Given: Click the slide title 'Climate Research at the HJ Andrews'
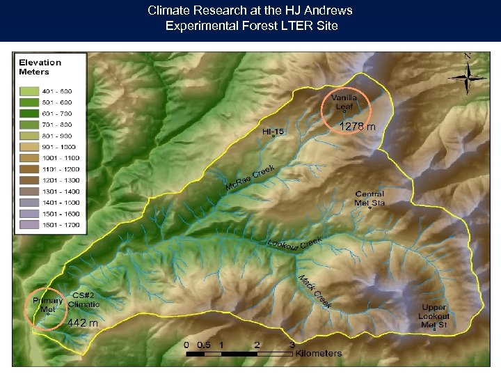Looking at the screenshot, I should point(250,10).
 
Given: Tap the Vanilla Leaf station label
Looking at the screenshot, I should point(344,102).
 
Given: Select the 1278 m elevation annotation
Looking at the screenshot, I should point(357,127).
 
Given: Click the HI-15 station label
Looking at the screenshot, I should point(273,130).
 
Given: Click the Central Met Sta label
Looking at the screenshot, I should point(369,198).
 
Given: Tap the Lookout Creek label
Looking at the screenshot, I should point(295,244).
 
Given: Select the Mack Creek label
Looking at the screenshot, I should point(315,292).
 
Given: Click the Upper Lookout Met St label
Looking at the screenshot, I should point(434,316).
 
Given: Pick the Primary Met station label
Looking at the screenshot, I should point(47,305).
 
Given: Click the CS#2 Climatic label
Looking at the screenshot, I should point(83,300).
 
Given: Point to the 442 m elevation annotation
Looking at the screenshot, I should point(83,323).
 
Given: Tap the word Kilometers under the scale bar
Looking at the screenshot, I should point(318,353).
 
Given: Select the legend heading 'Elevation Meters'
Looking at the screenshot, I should point(40,67).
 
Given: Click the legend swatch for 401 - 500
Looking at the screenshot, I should point(30,91).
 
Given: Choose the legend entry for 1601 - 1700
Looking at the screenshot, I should point(61,225).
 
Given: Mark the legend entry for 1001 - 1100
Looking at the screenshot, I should point(61,158).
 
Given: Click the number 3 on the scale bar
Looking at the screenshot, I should point(292,344).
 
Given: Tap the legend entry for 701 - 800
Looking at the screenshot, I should point(61,125).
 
